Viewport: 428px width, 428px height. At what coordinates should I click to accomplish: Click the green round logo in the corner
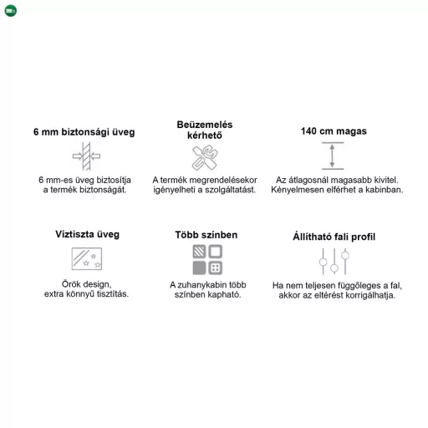[11, 11]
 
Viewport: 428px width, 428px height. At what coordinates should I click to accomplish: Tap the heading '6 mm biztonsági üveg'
[84, 132]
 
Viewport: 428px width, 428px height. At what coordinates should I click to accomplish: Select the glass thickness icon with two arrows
[86, 156]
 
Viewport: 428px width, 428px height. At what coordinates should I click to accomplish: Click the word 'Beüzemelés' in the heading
[205, 125]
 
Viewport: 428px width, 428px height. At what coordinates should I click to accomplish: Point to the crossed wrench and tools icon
[205, 157]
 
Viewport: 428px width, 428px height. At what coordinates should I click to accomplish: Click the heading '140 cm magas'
[334, 131]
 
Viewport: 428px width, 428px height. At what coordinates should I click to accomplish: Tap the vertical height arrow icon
[333, 155]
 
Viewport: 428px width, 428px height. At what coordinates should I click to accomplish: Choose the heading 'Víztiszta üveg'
[87, 234]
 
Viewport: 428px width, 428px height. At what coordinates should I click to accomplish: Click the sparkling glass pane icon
[87, 258]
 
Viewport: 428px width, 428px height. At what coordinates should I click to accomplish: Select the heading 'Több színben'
[206, 235]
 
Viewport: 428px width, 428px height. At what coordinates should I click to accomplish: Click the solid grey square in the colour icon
[199, 267]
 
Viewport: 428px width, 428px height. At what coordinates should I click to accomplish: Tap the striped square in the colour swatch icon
[199, 252]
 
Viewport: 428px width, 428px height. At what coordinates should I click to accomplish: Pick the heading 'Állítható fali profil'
[334, 237]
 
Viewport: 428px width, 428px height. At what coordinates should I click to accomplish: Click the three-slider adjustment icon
[334, 262]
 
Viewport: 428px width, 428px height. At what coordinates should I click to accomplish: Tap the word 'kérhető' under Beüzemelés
[205, 135]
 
